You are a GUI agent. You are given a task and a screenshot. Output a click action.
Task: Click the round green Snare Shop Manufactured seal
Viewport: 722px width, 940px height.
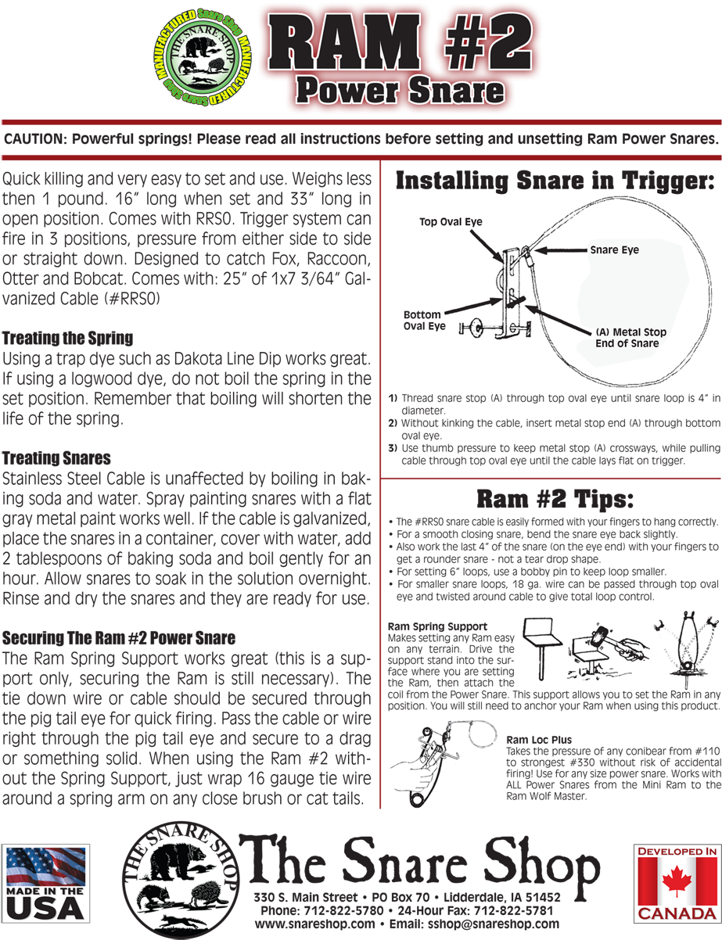pos(203,58)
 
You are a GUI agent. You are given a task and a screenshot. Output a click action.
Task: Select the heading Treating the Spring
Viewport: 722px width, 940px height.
pos(67,338)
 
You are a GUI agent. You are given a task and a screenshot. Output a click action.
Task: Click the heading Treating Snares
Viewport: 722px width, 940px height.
pos(56,457)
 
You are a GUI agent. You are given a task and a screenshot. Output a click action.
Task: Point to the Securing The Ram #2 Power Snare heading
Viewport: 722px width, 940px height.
pos(119,637)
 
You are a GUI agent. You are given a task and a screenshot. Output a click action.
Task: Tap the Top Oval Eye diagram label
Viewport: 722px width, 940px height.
pos(451,221)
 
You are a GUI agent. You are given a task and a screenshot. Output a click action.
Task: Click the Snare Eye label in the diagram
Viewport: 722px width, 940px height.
pos(614,249)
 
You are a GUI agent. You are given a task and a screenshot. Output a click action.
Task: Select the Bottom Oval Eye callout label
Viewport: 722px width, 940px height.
pos(425,320)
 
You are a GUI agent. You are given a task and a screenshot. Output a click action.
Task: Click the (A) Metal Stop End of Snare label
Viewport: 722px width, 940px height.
pos(630,337)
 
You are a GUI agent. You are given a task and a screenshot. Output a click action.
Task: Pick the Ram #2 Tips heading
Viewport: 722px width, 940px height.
pos(555,499)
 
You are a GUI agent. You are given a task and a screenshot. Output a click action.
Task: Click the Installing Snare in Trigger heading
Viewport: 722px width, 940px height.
pos(555,181)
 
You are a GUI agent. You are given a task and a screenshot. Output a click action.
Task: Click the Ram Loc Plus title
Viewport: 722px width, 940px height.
pos(539,739)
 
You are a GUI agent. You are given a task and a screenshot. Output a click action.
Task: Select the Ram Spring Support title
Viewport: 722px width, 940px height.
pos(437,626)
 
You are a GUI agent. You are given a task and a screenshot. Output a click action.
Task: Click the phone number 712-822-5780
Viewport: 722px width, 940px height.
pos(343,910)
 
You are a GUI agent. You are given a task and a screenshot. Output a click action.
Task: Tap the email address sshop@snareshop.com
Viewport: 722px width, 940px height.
pos(493,924)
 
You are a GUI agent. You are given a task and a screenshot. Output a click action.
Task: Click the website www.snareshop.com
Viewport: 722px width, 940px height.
pos(314,924)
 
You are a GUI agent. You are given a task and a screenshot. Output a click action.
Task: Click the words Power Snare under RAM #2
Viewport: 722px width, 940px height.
pos(401,91)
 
